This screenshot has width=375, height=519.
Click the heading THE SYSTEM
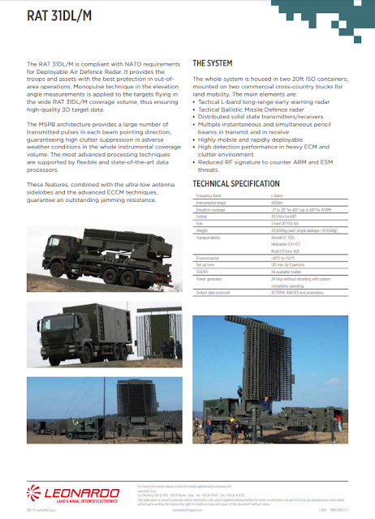(x=213, y=62)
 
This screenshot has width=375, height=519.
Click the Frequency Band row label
(x=209, y=196)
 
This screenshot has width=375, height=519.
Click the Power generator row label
(x=210, y=277)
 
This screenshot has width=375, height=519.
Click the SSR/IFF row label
(x=204, y=271)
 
